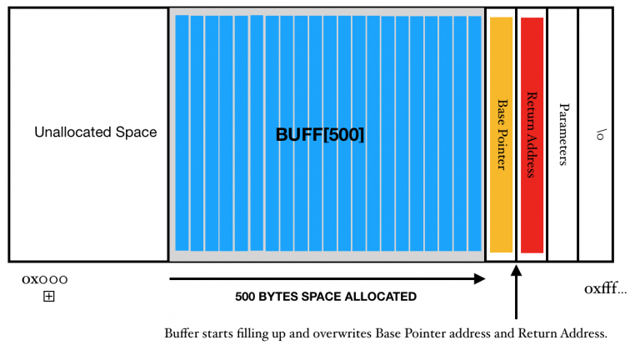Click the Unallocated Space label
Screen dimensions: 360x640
pos(95,132)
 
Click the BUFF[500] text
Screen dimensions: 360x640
pos(320,134)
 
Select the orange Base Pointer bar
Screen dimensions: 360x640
pos(501,134)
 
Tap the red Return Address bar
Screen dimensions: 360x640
pos(532,134)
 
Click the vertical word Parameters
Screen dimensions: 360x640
pos(563,134)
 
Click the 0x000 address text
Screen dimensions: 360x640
pos(44,279)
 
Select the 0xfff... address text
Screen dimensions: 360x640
pos(605,288)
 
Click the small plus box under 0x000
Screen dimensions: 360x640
pos(48,296)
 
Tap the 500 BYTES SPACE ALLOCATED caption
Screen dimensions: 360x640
pos(326,297)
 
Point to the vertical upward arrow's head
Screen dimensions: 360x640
pos(517,271)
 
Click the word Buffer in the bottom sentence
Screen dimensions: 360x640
pos(181,333)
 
